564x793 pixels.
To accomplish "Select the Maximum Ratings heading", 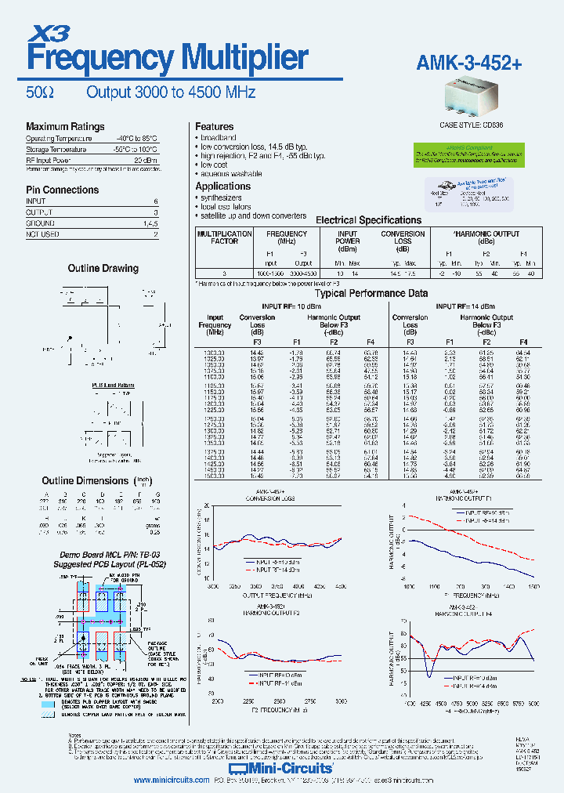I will point(65,127).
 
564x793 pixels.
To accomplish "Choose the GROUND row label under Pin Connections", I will point(41,223).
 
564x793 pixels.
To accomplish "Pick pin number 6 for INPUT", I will point(155,201).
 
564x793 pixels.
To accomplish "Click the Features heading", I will point(214,127).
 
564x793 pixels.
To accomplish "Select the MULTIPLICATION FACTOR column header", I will point(224,237).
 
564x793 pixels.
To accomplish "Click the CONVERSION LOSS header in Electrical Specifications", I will point(403,237).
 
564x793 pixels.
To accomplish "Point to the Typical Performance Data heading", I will point(371,293).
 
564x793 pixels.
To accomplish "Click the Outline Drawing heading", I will point(103,268).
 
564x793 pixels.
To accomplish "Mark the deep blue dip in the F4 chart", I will point(429,672).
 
